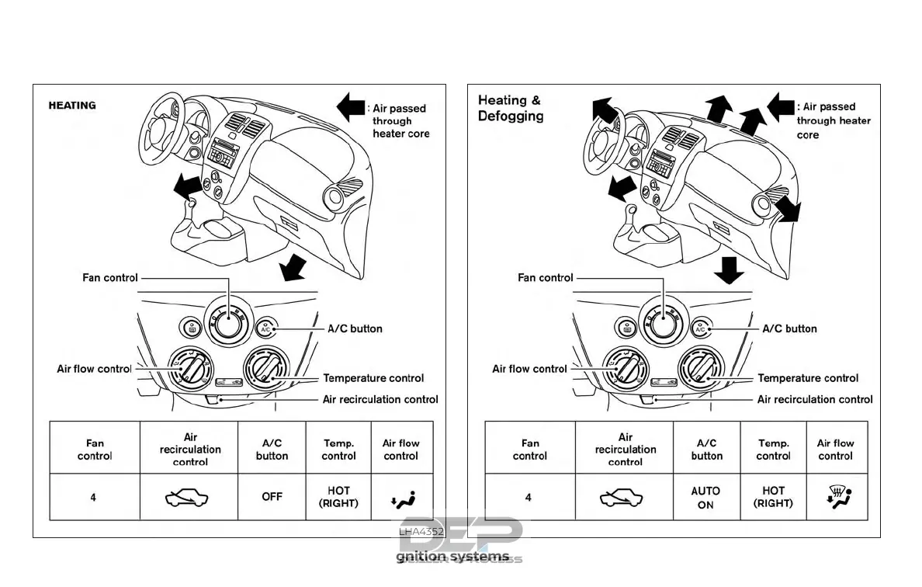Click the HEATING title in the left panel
point(72,105)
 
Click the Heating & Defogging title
point(510,108)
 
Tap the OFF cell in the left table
point(272,496)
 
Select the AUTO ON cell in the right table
point(706,498)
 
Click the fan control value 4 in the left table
point(94,497)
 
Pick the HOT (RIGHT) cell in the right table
point(773,497)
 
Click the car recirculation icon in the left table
point(189,497)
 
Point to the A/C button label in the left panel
point(355,328)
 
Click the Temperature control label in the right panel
point(808,378)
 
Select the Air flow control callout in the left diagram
point(94,369)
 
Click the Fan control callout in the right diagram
point(545,277)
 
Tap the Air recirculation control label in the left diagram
point(380,400)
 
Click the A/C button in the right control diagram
point(700,328)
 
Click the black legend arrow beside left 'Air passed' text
point(350,106)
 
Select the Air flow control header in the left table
point(400,450)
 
